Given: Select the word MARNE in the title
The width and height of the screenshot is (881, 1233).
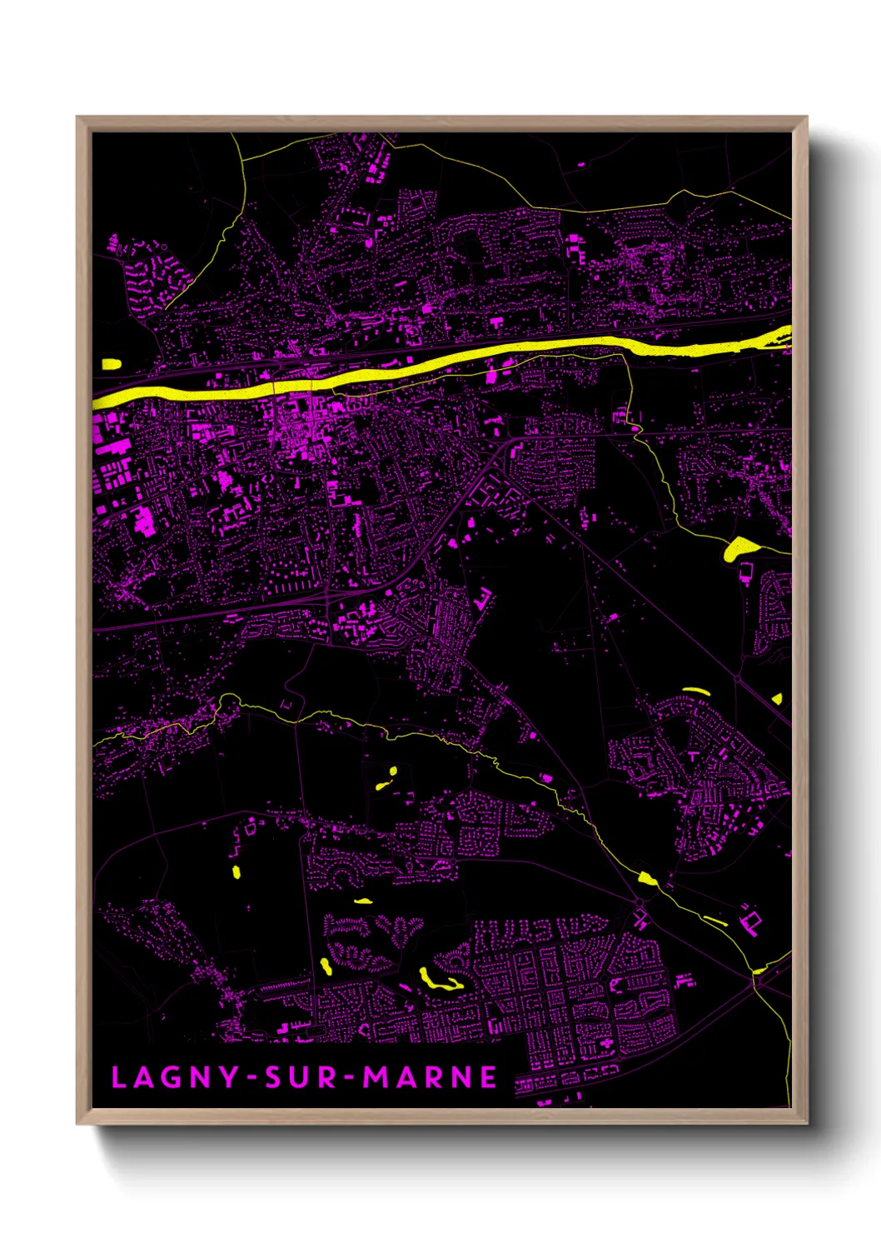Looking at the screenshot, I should [x=431, y=1077].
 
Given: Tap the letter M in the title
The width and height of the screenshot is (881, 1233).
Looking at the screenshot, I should [x=376, y=1077].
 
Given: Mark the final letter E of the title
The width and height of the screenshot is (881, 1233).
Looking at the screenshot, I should [x=489, y=1077].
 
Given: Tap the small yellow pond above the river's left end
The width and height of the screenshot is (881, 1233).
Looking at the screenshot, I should [x=111, y=363].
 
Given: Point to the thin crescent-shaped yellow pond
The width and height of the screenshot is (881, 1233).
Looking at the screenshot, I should [x=696, y=691].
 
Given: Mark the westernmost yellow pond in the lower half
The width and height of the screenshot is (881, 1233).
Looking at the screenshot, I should [x=236, y=872].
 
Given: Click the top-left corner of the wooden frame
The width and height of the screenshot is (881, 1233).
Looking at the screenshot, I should [x=78, y=118].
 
